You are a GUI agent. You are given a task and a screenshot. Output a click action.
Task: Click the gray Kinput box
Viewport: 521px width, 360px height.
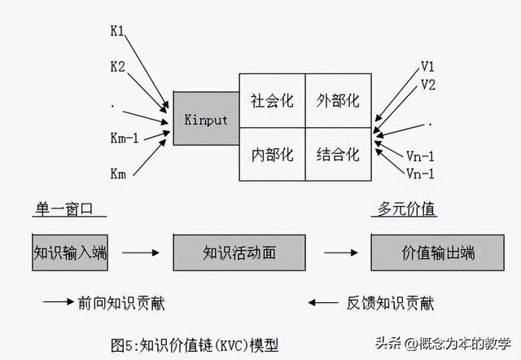(205, 119)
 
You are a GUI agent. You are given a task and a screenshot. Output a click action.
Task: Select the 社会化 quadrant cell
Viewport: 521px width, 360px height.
(271, 101)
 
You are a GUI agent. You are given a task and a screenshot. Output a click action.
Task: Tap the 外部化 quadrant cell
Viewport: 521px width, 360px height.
(338, 101)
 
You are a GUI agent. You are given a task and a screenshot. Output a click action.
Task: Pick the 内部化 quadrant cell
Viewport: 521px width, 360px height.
(271, 154)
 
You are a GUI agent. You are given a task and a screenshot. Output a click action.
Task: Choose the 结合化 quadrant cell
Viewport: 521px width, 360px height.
(338, 154)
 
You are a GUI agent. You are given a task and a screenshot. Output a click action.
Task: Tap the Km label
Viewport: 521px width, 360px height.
(118, 173)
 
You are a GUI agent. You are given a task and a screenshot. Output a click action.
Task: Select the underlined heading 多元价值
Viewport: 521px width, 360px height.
(409, 209)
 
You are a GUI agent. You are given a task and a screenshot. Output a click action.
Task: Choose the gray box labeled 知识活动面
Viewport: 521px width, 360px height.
(239, 252)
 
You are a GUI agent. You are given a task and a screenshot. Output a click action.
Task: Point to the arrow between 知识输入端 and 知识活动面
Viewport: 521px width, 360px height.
(140, 252)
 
